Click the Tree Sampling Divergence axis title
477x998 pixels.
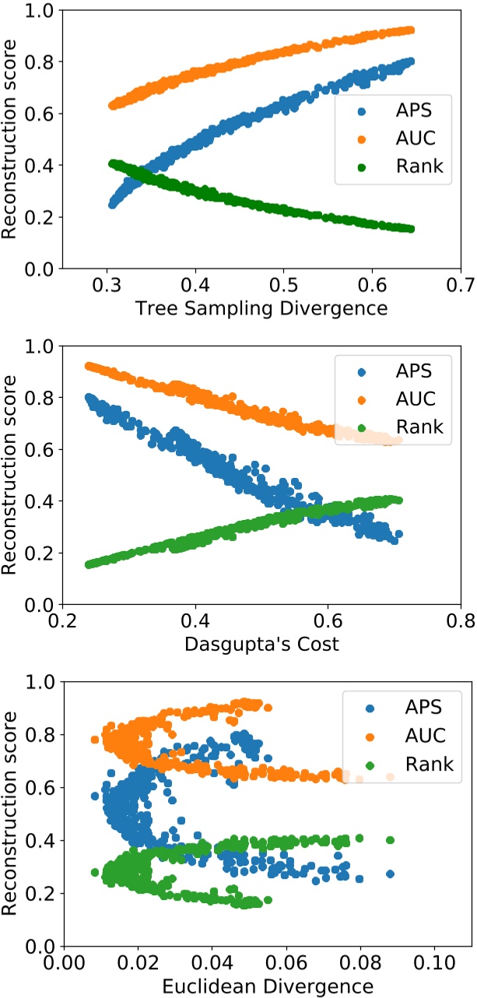click(x=261, y=308)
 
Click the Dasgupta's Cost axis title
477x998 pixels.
click(x=261, y=644)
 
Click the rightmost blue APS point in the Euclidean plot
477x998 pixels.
click(x=390, y=874)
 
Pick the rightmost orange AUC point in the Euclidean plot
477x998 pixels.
click(x=390, y=777)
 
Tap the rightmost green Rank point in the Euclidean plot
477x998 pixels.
click(x=390, y=840)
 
